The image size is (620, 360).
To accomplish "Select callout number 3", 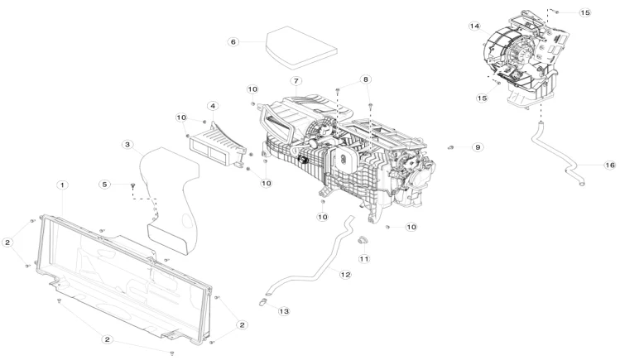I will (127, 145).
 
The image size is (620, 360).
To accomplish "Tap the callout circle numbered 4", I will (213, 106).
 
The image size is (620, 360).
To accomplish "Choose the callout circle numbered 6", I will (233, 41).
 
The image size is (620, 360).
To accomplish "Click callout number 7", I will (294, 80).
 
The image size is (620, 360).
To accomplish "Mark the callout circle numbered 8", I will (365, 79).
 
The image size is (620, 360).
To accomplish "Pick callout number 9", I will (477, 146).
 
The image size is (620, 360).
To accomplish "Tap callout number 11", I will (363, 259).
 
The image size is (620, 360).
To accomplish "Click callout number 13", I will (283, 311).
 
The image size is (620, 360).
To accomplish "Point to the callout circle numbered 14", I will (475, 26).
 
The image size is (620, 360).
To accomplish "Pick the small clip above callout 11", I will (362, 241).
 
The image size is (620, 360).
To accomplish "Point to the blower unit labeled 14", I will (521, 54).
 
